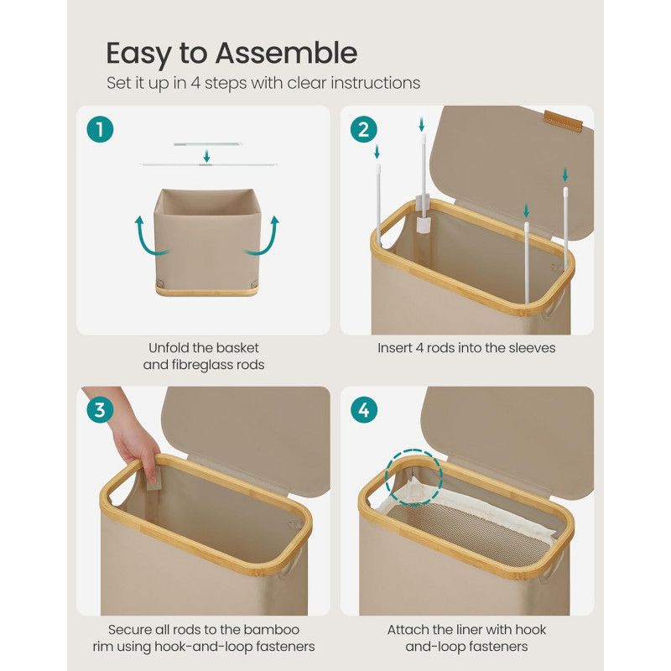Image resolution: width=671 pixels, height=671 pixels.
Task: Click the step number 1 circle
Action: [100, 129]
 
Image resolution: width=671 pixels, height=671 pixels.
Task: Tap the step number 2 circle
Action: [363, 129]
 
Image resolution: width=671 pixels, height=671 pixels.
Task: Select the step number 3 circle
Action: [100, 410]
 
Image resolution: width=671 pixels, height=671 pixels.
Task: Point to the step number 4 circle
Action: [363, 410]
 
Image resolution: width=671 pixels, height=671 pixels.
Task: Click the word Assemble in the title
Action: [286, 53]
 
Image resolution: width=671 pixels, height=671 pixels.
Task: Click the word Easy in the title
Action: [138, 55]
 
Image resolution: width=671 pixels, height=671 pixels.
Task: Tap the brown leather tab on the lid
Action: [563, 121]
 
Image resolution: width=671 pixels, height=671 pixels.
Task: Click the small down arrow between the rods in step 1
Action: [206, 156]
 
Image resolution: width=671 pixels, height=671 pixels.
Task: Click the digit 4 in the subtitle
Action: [195, 83]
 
